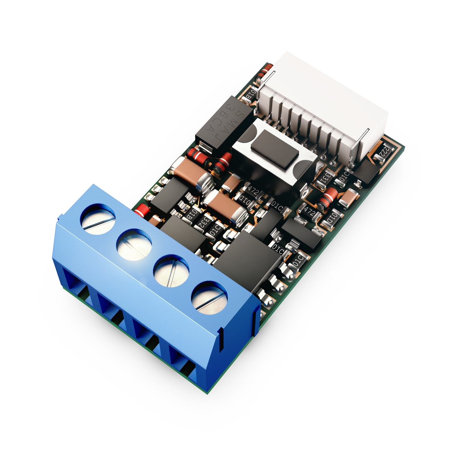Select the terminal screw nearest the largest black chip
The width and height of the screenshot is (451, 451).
click(x=209, y=297)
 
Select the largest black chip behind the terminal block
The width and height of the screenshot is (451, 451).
click(x=247, y=259)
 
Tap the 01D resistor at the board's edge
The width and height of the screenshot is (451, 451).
click(x=331, y=219)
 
